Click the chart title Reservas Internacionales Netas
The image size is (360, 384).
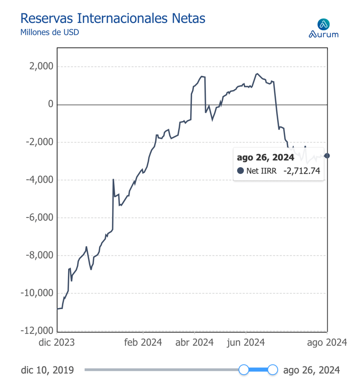point(113,18)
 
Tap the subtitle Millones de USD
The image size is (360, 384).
point(49,32)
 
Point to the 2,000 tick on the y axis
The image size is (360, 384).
point(41,67)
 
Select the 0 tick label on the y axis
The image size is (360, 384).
point(50,104)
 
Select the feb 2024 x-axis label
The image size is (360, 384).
point(143,342)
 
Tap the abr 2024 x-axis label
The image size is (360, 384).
point(194,342)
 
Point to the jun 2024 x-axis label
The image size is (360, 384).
point(246,342)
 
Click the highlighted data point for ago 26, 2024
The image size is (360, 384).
point(327,156)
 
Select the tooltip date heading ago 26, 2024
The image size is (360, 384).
point(265,157)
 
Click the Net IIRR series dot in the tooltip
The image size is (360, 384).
point(240,171)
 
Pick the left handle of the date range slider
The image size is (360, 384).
point(244,370)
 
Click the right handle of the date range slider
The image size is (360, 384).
point(273,370)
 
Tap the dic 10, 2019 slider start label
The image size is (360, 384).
point(48,370)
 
